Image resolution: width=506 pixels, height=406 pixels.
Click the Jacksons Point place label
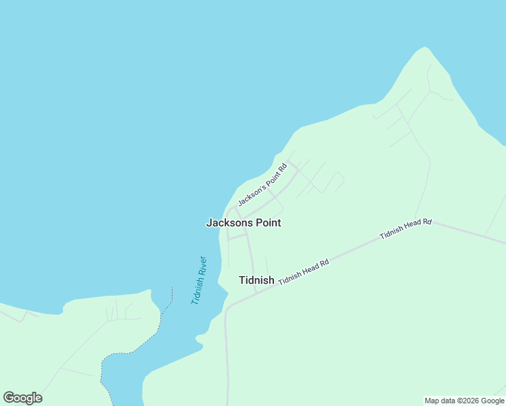point(243,223)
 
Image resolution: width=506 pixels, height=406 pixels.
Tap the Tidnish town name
point(256,280)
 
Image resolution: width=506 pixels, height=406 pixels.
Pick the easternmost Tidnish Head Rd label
point(405,229)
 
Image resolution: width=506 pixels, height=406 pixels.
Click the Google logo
point(22,398)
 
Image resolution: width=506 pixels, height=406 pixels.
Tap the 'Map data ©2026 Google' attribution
point(465,401)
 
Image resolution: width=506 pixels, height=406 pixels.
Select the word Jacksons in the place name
point(228,223)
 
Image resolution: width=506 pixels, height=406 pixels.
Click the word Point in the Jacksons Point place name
point(267,223)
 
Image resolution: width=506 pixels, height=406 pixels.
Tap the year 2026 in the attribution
point(471,401)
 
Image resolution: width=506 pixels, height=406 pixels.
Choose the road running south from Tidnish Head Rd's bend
point(227,352)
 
